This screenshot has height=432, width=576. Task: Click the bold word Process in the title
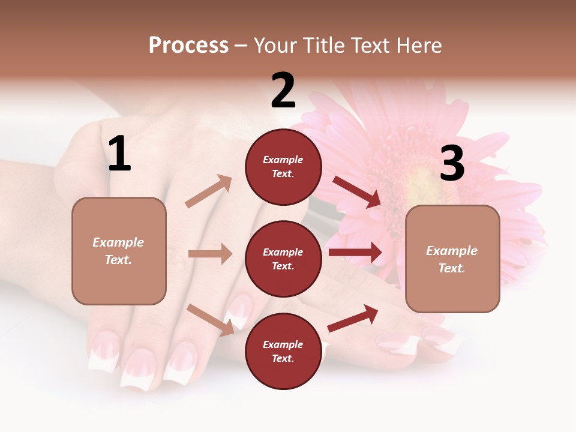188,45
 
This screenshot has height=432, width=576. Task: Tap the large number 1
119,154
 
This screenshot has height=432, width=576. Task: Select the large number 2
283,91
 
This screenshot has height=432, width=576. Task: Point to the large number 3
452,163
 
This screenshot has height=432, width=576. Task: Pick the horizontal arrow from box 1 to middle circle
210,254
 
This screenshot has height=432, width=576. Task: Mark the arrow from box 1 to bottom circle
211,320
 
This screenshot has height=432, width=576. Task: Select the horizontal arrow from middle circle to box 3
355,252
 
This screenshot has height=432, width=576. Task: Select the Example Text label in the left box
118,251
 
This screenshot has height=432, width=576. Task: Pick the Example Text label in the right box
452,259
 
